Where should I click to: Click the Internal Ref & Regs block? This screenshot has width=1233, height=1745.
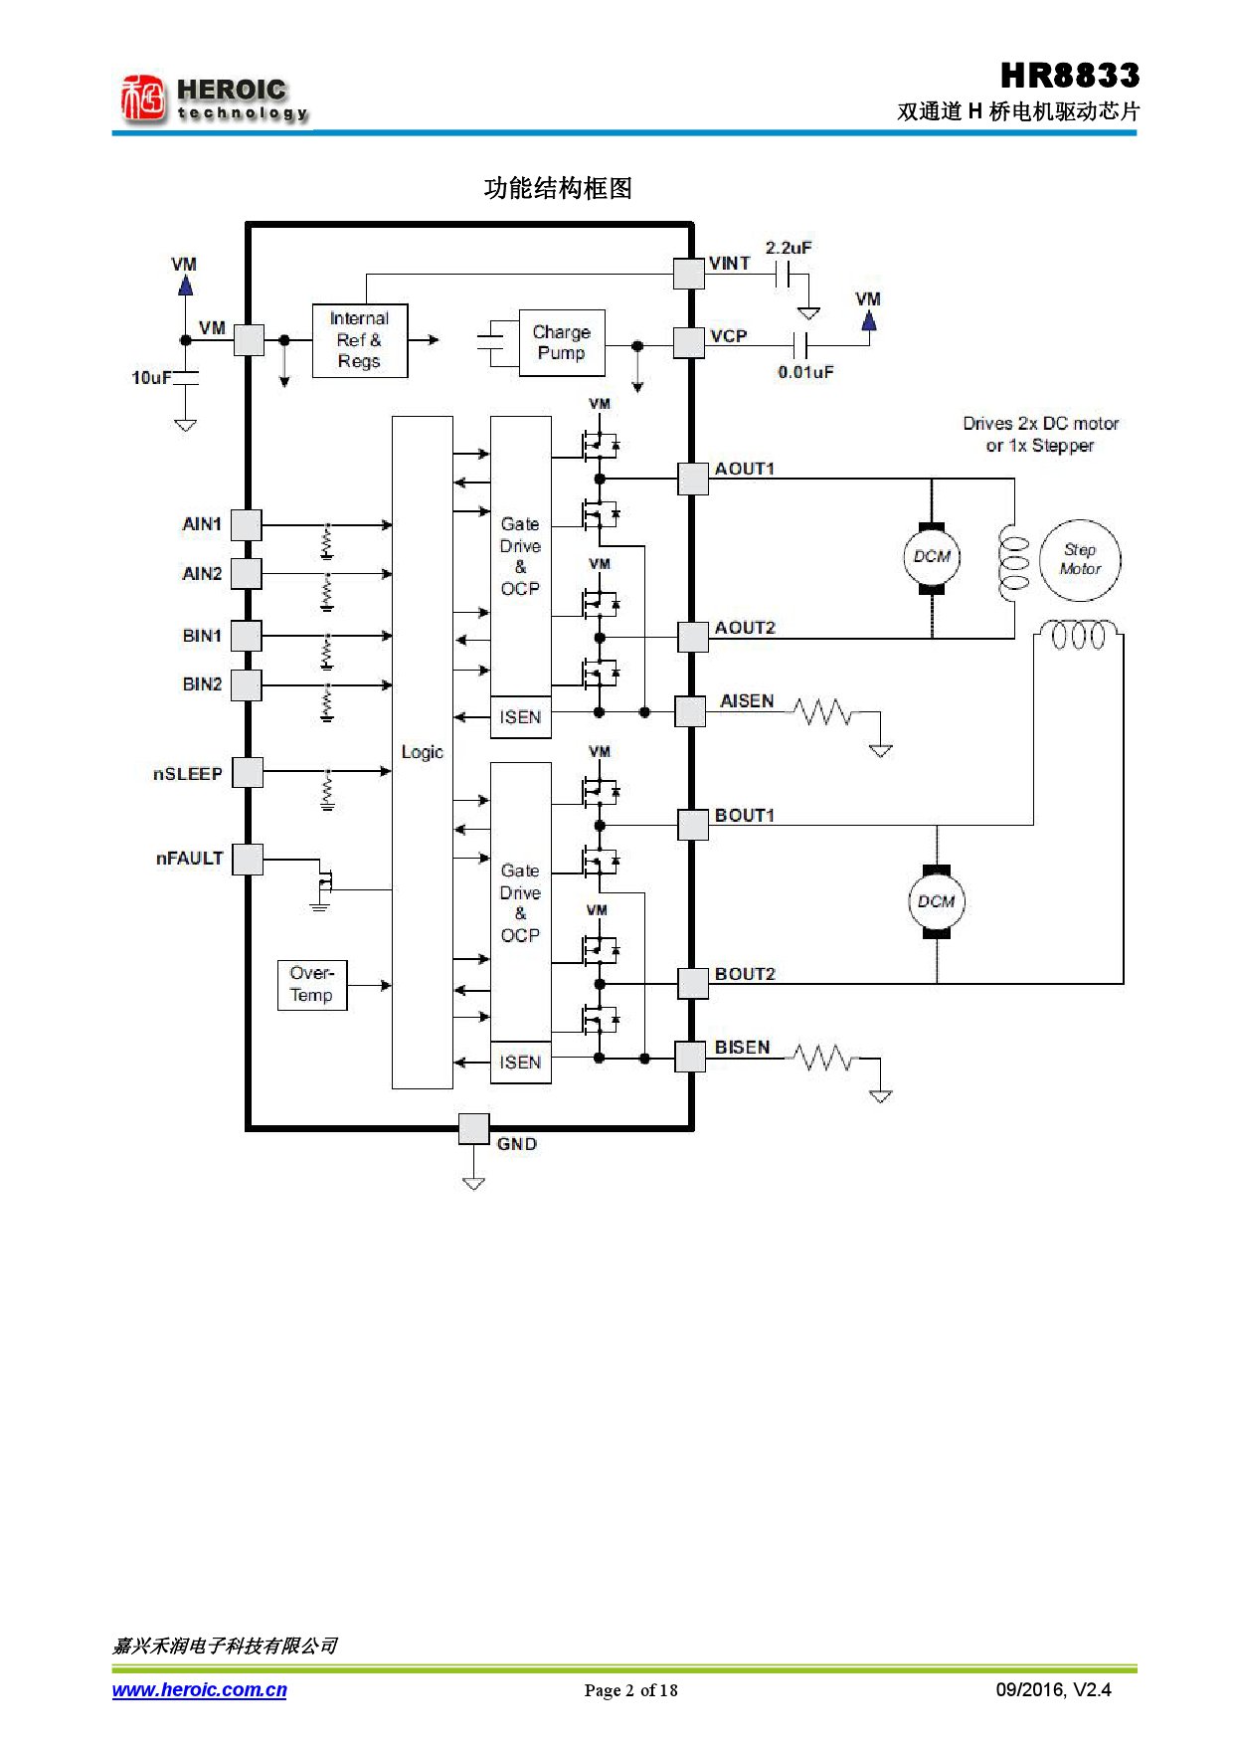(359, 340)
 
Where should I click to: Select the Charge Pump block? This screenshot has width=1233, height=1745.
(562, 342)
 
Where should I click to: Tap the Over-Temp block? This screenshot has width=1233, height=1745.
(311, 984)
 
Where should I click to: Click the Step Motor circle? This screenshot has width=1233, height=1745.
(1079, 560)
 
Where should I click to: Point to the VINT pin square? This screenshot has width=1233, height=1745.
(688, 274)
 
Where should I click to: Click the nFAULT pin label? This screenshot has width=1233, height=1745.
(189, 859)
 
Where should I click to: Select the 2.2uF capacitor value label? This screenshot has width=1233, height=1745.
(788, 248)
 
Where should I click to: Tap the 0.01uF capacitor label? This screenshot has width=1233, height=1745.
(805, 372)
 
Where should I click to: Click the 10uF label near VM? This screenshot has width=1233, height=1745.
(151, 377)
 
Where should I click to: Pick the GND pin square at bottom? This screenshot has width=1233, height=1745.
(473, 1128)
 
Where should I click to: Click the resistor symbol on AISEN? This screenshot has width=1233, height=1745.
(822, 711)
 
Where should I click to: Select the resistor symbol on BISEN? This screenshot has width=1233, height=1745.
(822, 1058)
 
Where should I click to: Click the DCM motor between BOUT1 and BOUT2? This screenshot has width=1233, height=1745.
(936, 901)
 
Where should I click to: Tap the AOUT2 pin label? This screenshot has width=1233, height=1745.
(744, 628)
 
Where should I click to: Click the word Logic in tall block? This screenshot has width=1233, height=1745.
(422, 752)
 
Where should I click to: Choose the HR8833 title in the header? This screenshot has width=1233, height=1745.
(1069, 76)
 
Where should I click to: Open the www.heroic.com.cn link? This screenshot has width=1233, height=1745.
(199, 1689)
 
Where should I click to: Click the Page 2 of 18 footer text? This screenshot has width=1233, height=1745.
(630, 1690)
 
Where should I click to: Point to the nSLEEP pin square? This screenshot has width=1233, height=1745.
(248, 772)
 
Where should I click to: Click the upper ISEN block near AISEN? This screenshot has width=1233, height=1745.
(520, 716)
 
